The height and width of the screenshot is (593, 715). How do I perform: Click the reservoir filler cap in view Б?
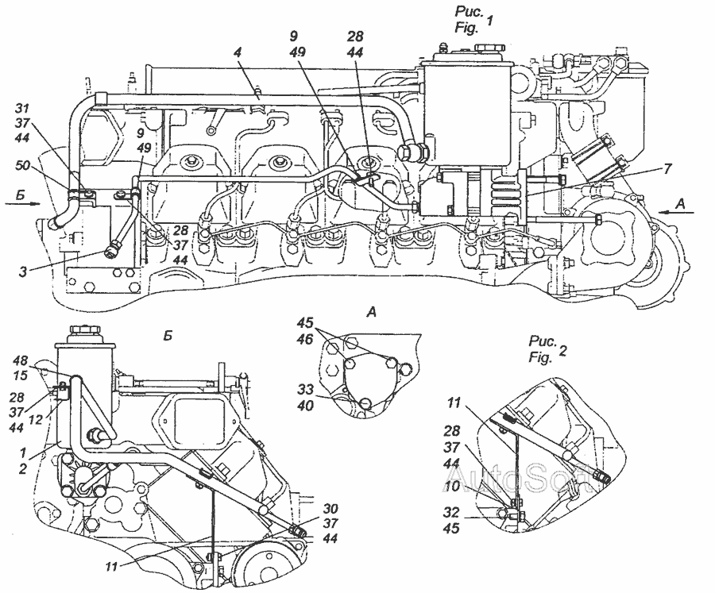83,330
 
